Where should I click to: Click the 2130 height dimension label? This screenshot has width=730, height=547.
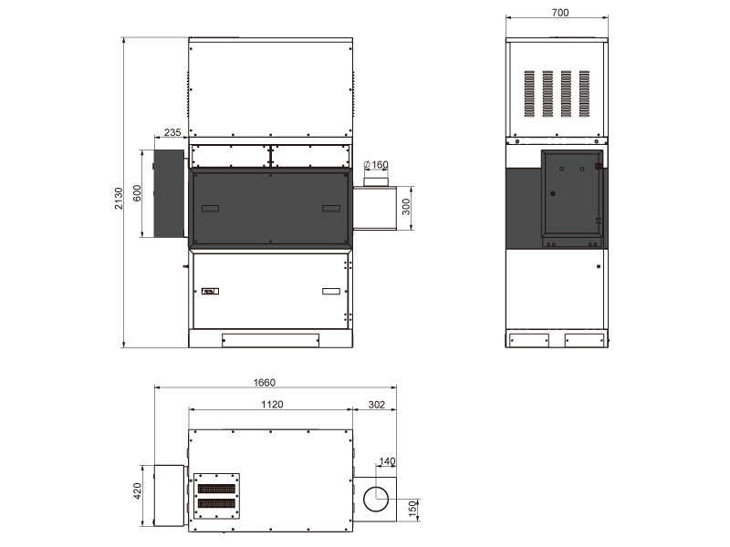[119, 199]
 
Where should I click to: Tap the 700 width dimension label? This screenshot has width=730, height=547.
[560, 13]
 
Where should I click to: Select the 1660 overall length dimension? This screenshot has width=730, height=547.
[264, 382]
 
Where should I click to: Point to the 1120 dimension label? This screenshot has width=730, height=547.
[272, 404]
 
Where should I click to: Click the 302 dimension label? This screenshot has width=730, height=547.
[376, 404]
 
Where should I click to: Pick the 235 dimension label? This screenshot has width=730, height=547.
[172, 132]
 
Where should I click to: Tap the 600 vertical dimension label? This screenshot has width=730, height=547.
[137, 193]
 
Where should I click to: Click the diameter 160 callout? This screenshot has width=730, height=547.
[376, 165]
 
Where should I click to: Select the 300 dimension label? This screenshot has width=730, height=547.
[406, 207]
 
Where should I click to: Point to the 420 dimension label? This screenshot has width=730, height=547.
[137, 491]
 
